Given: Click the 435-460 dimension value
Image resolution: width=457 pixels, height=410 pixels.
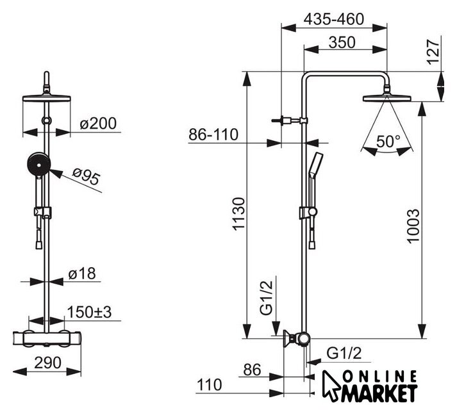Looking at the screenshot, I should (x=333, y=19).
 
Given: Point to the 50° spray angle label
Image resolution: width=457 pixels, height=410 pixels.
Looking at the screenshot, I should (x=387, y=141).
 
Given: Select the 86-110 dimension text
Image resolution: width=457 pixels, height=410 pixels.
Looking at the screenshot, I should (x=213, y=135).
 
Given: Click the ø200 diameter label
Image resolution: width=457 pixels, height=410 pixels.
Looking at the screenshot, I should (x=100, y=124).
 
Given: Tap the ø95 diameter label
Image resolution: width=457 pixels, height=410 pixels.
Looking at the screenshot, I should (x=87, y=177).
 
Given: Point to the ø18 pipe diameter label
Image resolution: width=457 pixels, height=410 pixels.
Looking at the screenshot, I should (x=82, y=274).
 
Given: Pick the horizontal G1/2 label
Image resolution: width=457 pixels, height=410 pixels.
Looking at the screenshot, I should (x=344, y=353).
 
